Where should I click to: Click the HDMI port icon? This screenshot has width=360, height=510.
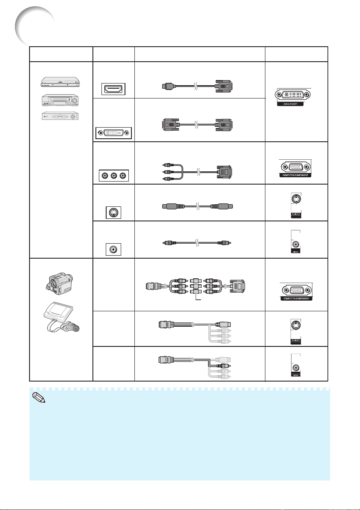point(113,89)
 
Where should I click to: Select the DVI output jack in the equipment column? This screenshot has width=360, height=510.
point(113,133)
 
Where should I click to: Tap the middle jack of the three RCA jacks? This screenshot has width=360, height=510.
point(113,175)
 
